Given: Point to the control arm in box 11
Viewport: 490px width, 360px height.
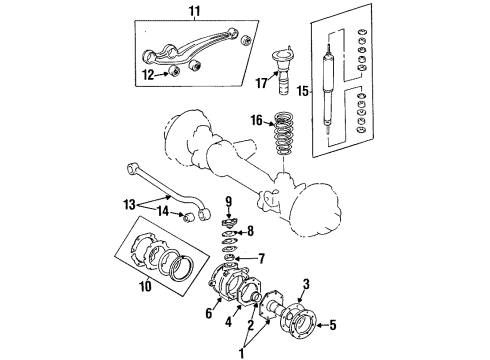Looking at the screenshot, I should tap(195, 50).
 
